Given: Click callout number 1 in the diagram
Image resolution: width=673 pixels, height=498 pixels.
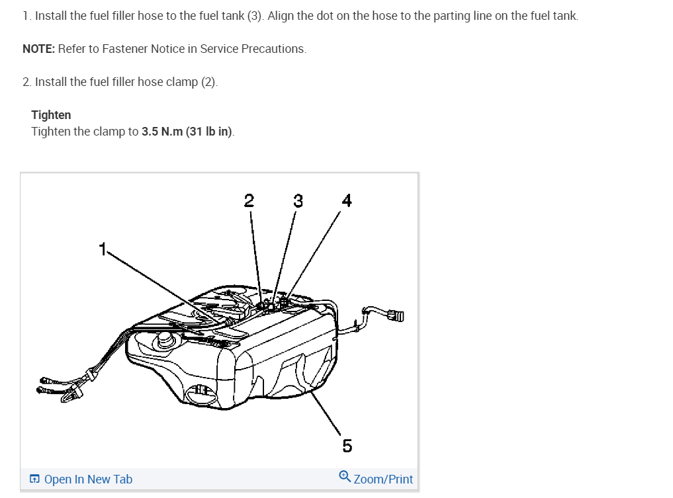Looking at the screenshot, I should point(103,249).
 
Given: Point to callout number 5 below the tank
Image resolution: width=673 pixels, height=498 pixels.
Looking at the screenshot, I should point(347,445).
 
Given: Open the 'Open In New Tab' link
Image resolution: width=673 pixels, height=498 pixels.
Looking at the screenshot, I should point(88,479).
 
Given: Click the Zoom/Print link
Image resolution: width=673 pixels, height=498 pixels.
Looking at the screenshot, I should point(383,479).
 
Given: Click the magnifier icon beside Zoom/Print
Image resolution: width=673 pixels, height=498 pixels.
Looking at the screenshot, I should point(345,477).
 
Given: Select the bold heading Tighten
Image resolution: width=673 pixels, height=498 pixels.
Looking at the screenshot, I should point(51,115).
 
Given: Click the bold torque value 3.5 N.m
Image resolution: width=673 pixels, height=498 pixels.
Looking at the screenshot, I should point(161,132).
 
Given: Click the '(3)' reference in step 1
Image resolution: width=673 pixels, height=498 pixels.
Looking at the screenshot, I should point(255,16).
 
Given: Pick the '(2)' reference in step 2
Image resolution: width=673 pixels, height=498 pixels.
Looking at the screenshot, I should point(209,82).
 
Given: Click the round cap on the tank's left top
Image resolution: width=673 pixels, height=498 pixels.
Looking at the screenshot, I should point(161,342).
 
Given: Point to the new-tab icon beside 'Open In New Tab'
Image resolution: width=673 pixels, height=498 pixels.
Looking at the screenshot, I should point(34,479).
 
